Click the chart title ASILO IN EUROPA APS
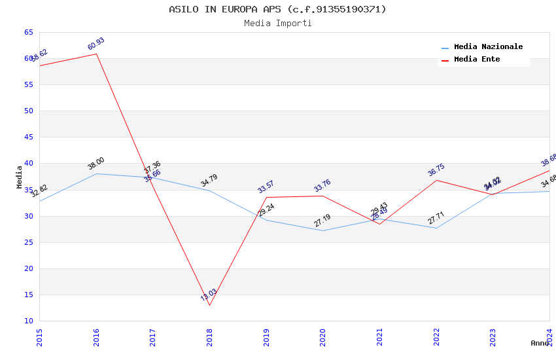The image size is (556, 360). coord(277,9)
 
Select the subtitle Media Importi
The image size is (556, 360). coord(277,23)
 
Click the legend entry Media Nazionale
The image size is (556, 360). coord(488,47)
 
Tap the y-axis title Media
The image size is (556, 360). coord(20,177)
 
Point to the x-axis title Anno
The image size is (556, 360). coord(540,343)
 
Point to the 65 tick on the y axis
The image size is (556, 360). coord(28,32)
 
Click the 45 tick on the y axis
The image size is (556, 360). coord(28,137)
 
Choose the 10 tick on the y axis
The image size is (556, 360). coord(28,321)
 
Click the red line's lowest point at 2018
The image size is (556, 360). coord(209,305)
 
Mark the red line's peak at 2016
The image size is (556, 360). coord(96,54)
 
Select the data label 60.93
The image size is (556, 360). coord(96,44)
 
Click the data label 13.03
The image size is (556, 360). coord(209,295)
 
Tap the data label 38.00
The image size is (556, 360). coord(96,164)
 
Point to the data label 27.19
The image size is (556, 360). coord(322,221)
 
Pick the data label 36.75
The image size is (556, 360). coord(436,170)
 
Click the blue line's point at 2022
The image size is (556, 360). coord(436,228)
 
